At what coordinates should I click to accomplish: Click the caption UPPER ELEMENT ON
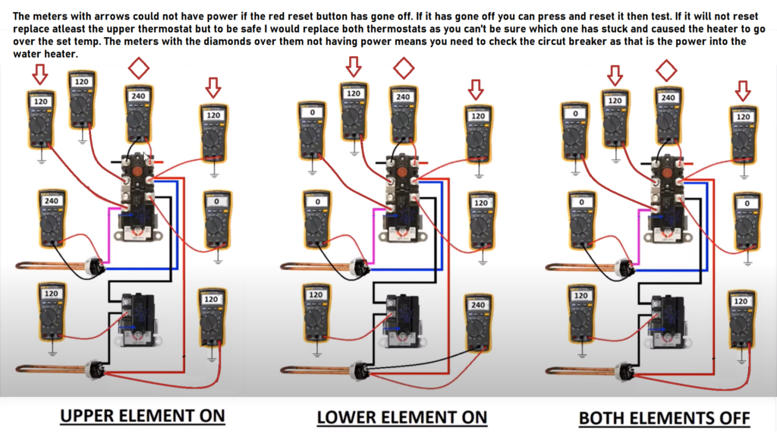click(x=143, y=416)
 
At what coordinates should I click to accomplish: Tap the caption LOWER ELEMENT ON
click(x=401, y=417)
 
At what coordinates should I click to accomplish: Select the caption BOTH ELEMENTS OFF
click(x=664, y=417)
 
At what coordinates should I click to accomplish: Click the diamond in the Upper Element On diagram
click(x=138, y=68)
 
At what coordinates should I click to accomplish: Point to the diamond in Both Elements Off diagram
click(x=666, y=71)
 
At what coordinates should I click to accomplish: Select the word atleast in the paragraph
click(x=74, y=29)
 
